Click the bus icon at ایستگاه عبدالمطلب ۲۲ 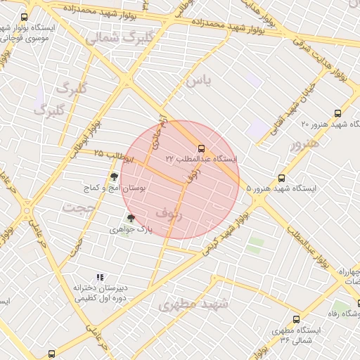point(202,148)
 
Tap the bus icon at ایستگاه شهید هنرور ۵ point(282,178)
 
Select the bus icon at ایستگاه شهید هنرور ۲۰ point(338,112)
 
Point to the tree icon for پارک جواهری point(130,218)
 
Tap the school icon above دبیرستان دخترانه point(100,277)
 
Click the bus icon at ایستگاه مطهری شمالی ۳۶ point(296,319)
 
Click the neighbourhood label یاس point(198,81)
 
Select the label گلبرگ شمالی point(113,38)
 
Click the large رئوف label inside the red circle point(169,212)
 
